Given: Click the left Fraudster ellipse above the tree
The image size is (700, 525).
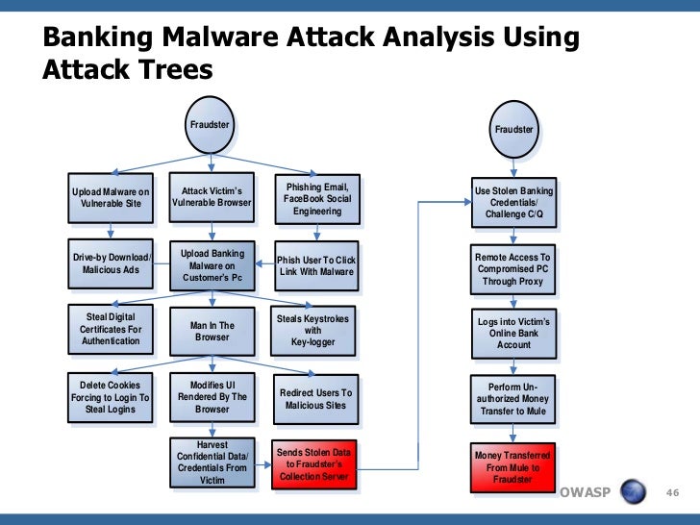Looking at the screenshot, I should pyautogui.click(x=209, y=125).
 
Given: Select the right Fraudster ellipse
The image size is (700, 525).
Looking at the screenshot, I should pyautogui.click(x=513, y=130).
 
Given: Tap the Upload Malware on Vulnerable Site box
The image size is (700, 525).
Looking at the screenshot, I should pyautogui.click(x=111, y=198).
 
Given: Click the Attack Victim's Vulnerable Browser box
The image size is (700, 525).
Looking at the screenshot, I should pyautogui.click(x=212, y=196).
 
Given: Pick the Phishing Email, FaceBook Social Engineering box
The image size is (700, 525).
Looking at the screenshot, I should pyautogui.click(x=316, y=198).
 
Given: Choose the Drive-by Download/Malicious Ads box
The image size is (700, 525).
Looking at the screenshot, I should pyautogui.click(x=111, y=263).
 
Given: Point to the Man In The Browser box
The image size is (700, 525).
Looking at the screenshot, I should pyautogui.click(x=212, y=331).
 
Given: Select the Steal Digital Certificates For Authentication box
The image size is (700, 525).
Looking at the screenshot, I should pyautogui.click(x=111, y=329).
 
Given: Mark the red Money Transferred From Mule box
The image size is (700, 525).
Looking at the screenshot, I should pyautogui.click(x=513, y=466).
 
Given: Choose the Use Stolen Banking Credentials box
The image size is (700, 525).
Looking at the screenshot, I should pyautogui.click(x=513, y=202).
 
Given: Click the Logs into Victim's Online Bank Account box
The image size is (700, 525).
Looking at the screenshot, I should pyautogui.click(x=513, y=333).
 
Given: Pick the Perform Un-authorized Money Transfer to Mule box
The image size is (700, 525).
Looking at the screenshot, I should pyautogui.click(x=513, y=399).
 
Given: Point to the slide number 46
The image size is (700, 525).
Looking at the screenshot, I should pyautogui.click(x=673, y=493).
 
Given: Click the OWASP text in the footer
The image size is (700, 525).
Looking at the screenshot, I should pyautogui.click(x=583, y=493).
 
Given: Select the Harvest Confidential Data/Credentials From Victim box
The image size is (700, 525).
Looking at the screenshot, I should pyautogui.click(x=212, y=462).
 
